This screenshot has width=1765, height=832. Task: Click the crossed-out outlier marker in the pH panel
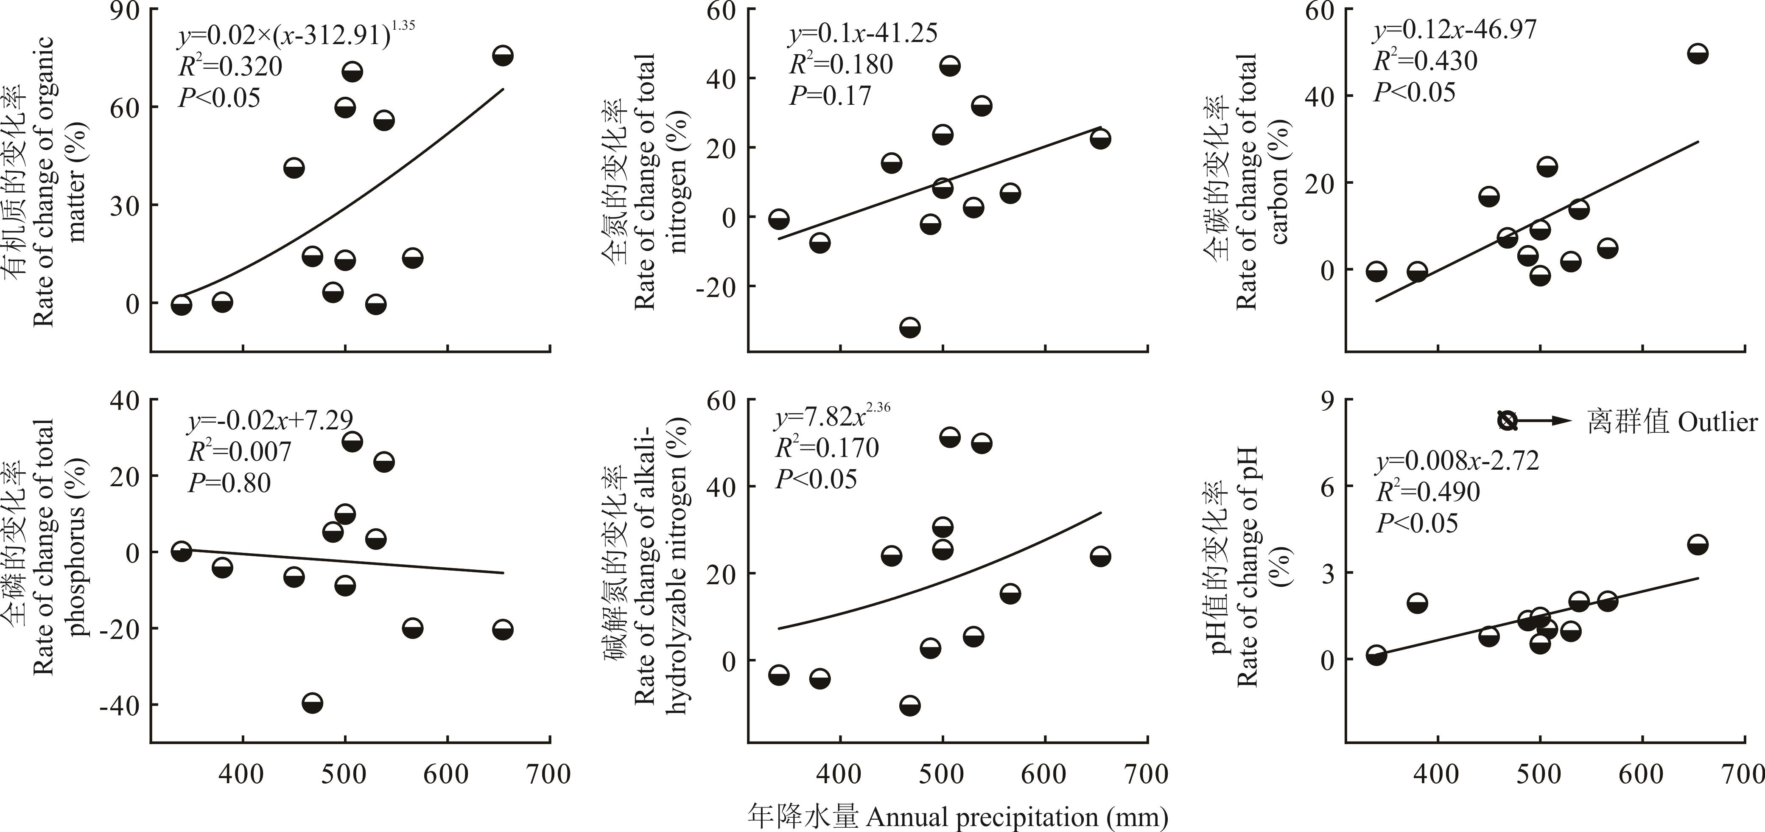(1507, 421)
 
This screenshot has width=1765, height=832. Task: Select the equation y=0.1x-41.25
(863, 33)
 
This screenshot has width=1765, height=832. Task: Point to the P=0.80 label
(229, 483)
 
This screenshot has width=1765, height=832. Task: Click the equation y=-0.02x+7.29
(271, 420)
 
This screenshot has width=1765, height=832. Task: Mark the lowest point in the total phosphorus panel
(313, 703)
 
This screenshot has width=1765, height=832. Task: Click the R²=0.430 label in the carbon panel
(1425, 61)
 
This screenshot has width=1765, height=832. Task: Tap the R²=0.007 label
(240, 451)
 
